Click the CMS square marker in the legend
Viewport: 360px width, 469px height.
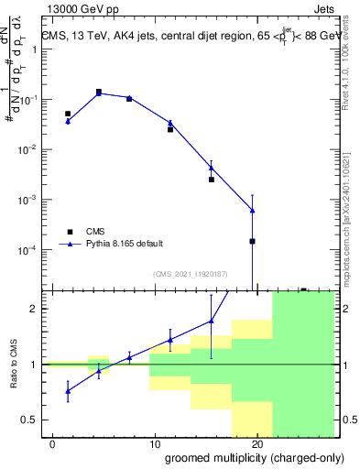tap(68, 231)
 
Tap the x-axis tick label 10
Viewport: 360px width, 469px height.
tap(156, 443)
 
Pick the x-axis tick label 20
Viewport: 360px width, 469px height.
tap(257, 443)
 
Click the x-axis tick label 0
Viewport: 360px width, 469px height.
tap(53, 443)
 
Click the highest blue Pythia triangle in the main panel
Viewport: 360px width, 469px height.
tap(99, 92)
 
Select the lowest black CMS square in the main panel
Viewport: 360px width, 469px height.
tap(252, 241)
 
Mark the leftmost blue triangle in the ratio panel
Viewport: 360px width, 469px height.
tap(68, 391)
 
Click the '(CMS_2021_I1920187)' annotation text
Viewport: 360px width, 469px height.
tap(191, 273)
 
